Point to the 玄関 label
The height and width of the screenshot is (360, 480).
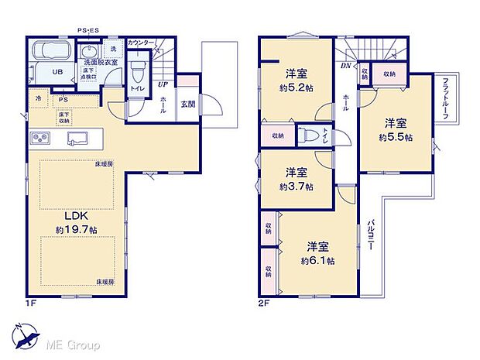point(188,105)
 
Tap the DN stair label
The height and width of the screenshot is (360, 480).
point(345,65)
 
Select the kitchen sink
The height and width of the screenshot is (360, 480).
point(81,139)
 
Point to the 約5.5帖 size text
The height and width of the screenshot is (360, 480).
point(396,137)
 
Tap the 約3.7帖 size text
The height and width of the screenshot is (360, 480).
point(297,186)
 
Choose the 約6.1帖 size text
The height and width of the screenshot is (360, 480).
point(317,261)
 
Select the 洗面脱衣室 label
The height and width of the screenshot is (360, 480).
point(98,63)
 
